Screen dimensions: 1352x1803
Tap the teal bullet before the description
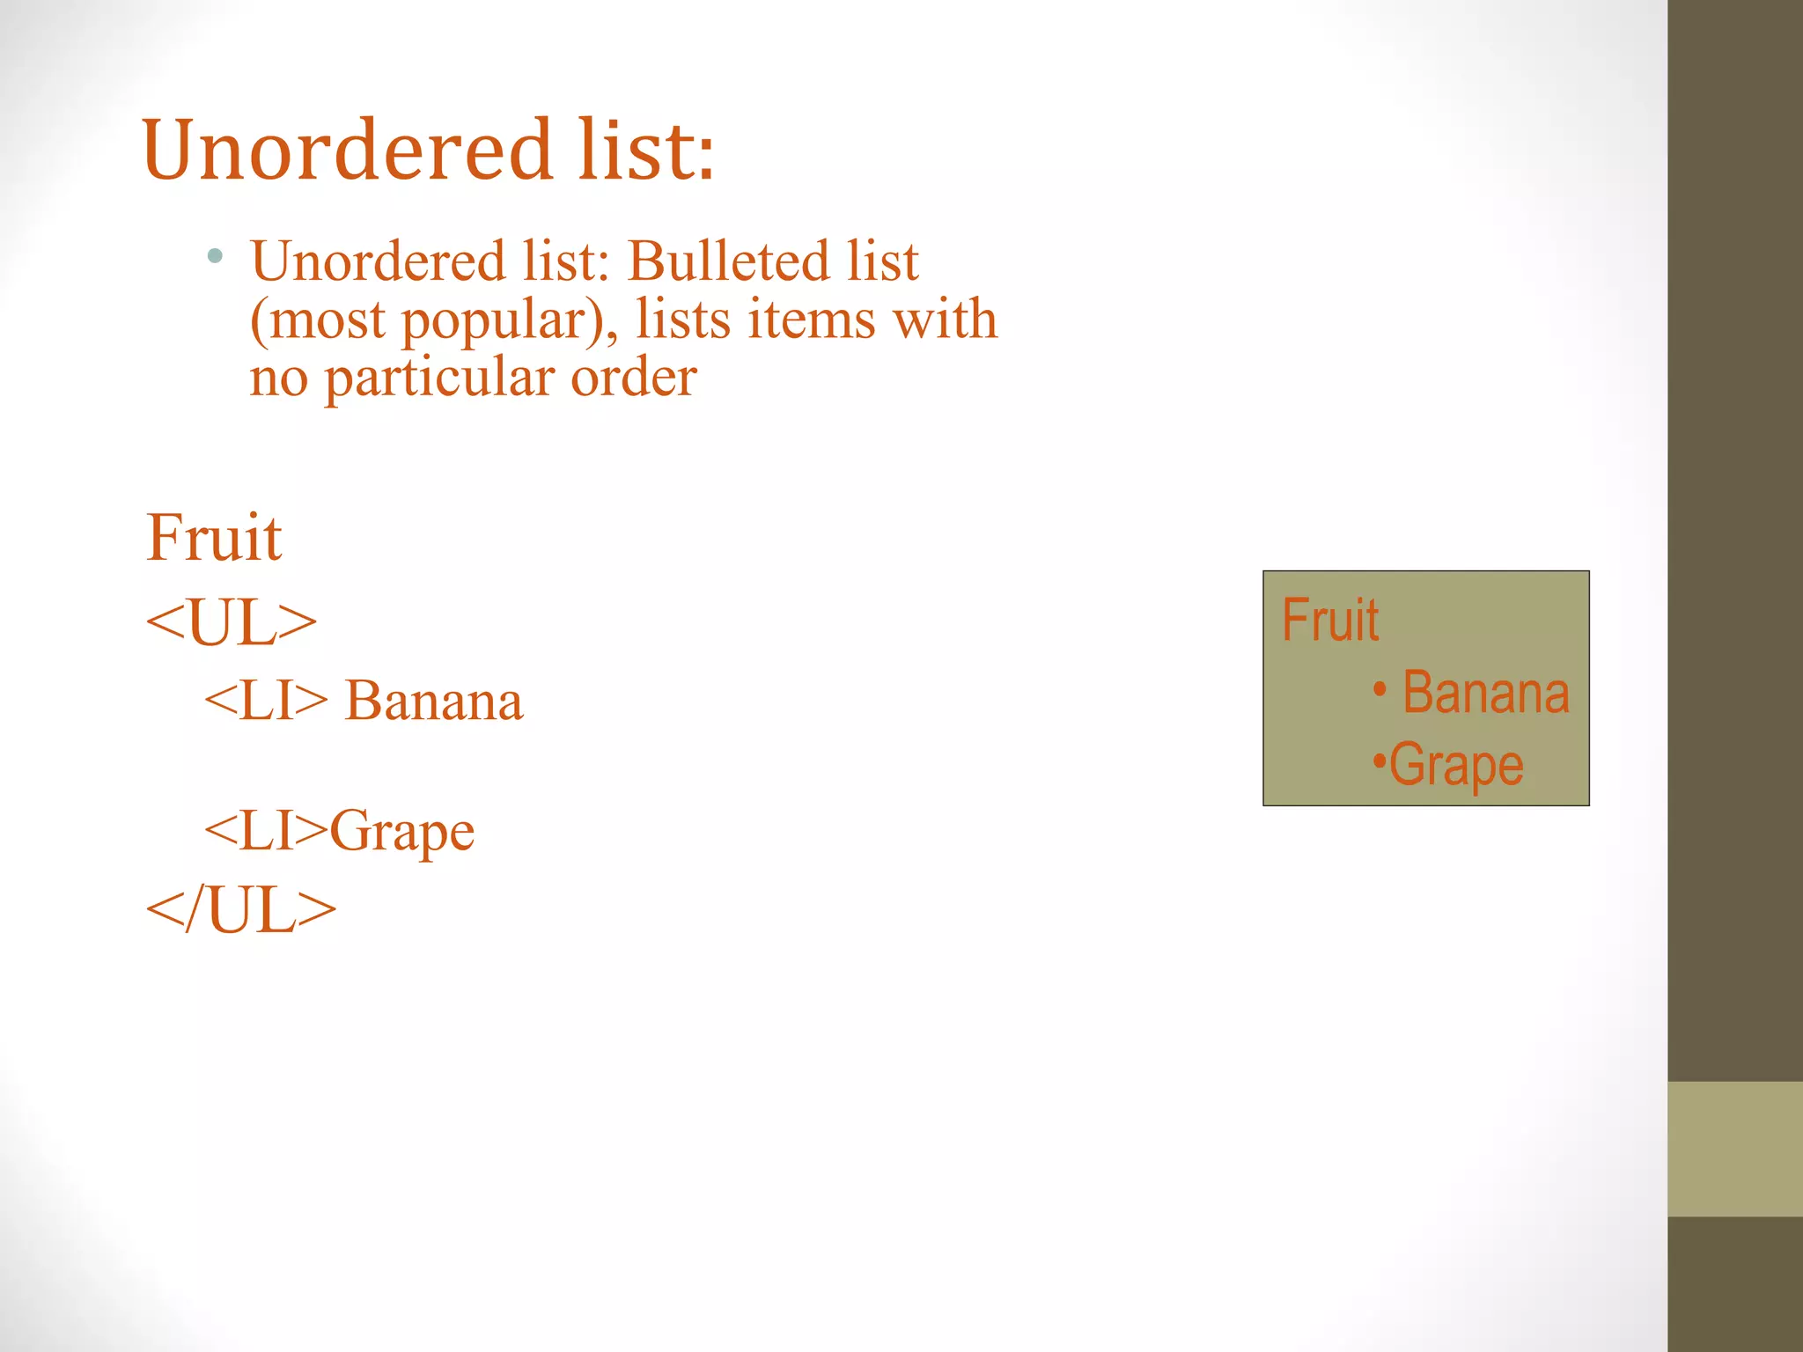point(215,257)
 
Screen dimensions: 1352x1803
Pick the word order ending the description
point(634,378)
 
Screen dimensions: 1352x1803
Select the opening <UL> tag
point(231,623)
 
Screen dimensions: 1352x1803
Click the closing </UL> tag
point(240,910)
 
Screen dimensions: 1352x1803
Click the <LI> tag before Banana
point(265,702)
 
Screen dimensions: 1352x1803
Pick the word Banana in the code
point(434,702)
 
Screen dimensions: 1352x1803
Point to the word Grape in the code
point(402,831)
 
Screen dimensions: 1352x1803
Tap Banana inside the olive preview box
point(1485,693)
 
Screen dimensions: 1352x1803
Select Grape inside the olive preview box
point(1456,766)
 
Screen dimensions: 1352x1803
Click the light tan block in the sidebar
point(1734,1149)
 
